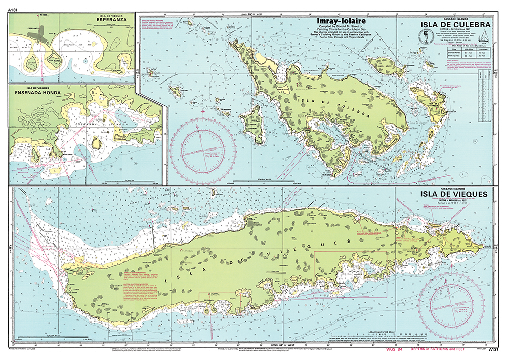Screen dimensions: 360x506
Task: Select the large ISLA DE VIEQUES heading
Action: point(457,194)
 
